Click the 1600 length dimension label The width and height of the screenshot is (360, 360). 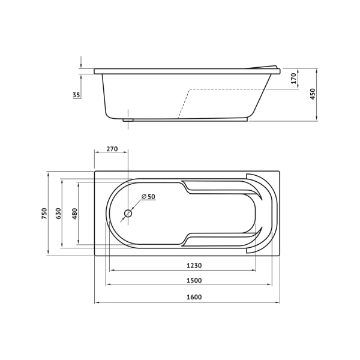[x=194, y=297]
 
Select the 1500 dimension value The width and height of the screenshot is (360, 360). [x=194, y=280]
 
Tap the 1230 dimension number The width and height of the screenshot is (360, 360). [x=194, y=266]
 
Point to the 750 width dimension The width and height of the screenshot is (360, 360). [x=44, y=213]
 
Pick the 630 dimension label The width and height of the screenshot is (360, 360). [x=59, y=213]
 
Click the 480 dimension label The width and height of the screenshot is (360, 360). [x=75, y=214]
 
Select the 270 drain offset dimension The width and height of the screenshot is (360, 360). [x=112, y=149]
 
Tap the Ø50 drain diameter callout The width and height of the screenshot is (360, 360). [x=149, y=197]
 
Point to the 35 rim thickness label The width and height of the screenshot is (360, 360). [x=76, y=95]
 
